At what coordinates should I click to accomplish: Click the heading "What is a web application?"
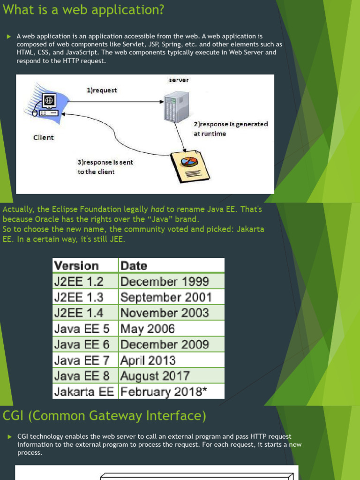click(x=83, y=10)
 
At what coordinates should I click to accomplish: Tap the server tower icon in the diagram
click(x=176, y=107)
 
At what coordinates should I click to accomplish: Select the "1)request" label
click(x=102, y=90)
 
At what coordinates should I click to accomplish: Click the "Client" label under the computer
click(x=44, y=137)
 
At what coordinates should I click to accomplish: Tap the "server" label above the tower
click(x=179, y=80)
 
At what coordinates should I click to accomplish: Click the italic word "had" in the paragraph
click(x=157, y=210)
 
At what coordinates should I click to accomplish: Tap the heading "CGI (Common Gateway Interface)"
click(x=105, y=416)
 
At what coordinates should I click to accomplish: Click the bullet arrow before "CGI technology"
click(x=10, y=436)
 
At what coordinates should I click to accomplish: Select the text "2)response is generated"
click(x=231, y=124)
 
